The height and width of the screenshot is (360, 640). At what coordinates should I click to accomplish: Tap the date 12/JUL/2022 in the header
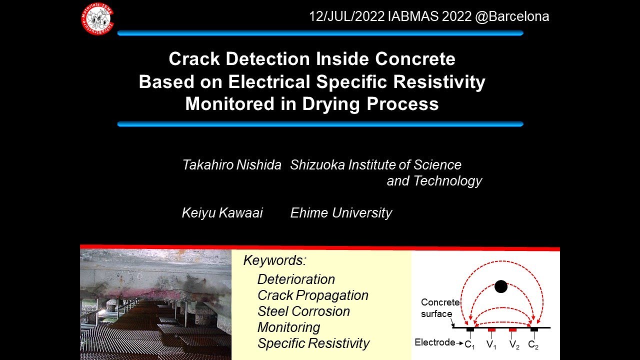pyautogui.click(x=346, y=16)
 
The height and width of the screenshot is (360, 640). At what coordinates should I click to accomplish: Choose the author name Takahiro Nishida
pyautogui.click(x=231, y=165)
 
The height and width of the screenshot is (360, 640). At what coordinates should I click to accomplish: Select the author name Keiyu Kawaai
pyautogui.click(x=222, y=213)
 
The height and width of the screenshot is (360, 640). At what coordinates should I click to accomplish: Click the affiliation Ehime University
pyautogui.click(x=341, y=213)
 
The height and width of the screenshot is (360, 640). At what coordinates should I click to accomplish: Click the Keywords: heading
pyautogui.click(x=274, y=260)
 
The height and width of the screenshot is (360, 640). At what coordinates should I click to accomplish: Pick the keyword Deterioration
pyautogui.click(x=296, y=279)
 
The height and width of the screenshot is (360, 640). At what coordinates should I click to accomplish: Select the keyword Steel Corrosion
pyautogui.click(x=303, y=311)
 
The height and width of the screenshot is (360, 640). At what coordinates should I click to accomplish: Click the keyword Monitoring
pyautogui.click(x=288, y=327)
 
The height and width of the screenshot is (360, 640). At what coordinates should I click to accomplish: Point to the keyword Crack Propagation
pyautogui.click(x=312, y=295)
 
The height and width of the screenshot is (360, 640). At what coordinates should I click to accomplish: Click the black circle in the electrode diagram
pyautogui.click(x=500, y=286)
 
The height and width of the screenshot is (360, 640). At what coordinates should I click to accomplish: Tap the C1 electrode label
pyautogui.click(x=469, y=344)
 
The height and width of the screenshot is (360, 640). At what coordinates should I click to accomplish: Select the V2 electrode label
pyautogui.click(x=513, y=344)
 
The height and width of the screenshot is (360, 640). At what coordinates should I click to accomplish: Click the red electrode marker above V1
pyautogui.click(x=491, y=330)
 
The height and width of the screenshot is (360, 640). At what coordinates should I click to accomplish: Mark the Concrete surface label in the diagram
pyautogui.click(x=439, y=308)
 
